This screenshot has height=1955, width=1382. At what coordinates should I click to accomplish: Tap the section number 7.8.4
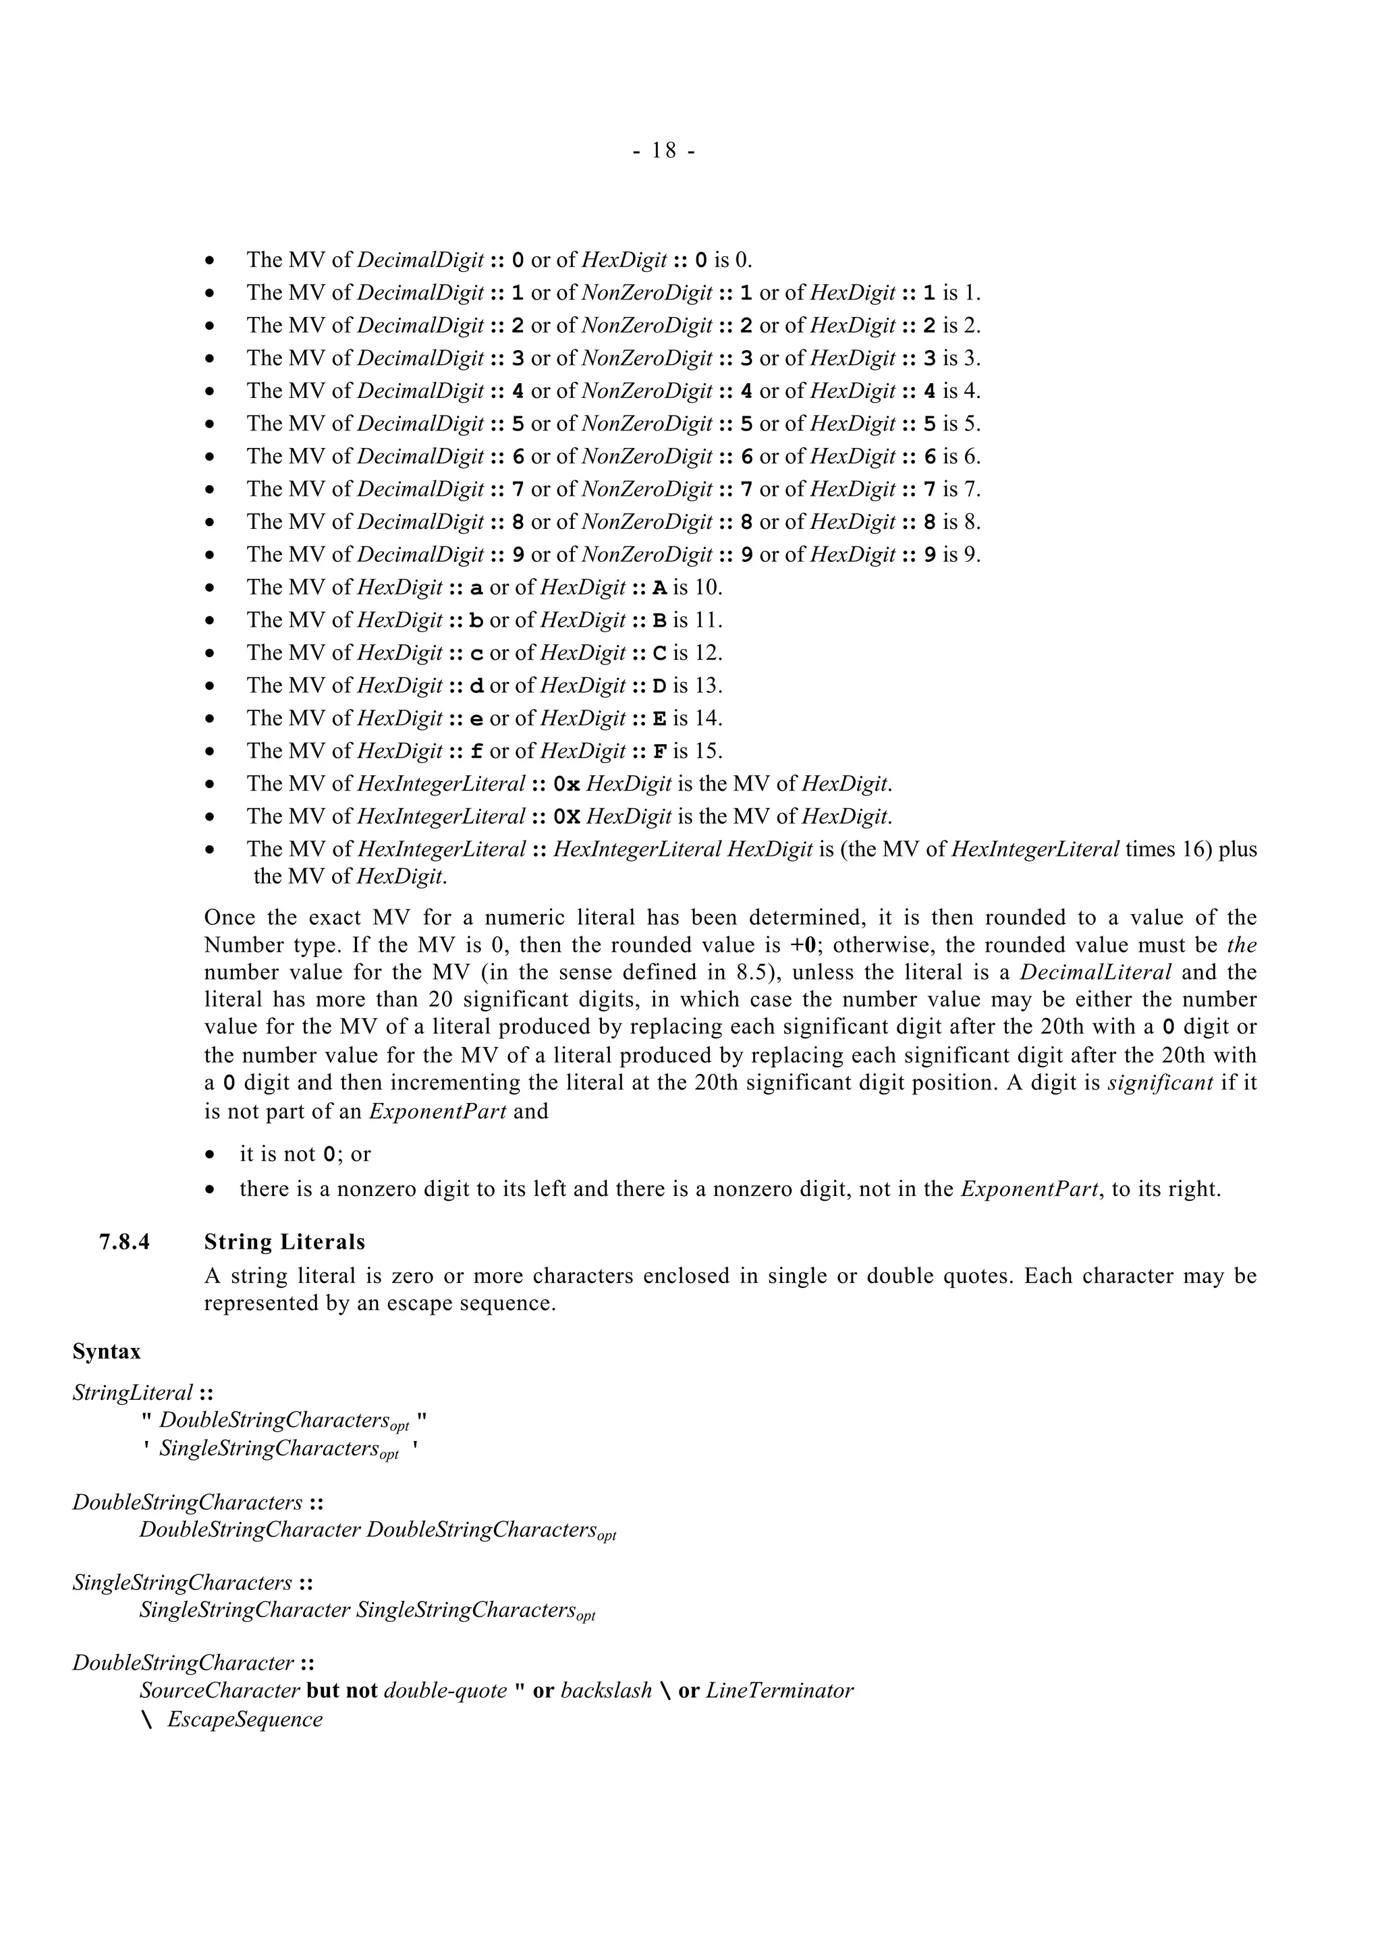(x=124, y=1243)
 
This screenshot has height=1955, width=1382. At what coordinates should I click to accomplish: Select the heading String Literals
(x=284, y=1243)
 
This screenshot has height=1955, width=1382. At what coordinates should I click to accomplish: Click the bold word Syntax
(x=107, y=1352)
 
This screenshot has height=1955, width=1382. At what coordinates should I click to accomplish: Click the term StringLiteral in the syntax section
(x=133, y=1393)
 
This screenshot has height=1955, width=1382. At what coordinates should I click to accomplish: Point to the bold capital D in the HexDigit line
(x=660, y=686)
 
